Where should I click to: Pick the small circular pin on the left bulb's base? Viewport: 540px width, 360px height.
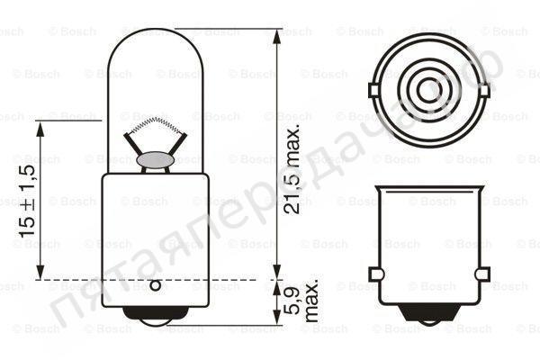pos(155,286)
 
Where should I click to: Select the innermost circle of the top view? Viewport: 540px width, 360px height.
pos(429,90)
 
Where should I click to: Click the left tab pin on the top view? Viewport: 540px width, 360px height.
pos(373,90)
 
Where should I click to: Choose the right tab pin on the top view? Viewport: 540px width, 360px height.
pos(485,90)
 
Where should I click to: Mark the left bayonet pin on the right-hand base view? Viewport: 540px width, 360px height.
pos(376,274)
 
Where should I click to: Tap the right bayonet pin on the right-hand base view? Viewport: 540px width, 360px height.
pos(482,274)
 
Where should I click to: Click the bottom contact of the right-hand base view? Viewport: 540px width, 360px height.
pos(429,314)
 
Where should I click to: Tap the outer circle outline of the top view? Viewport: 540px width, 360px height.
pos(429,38)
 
